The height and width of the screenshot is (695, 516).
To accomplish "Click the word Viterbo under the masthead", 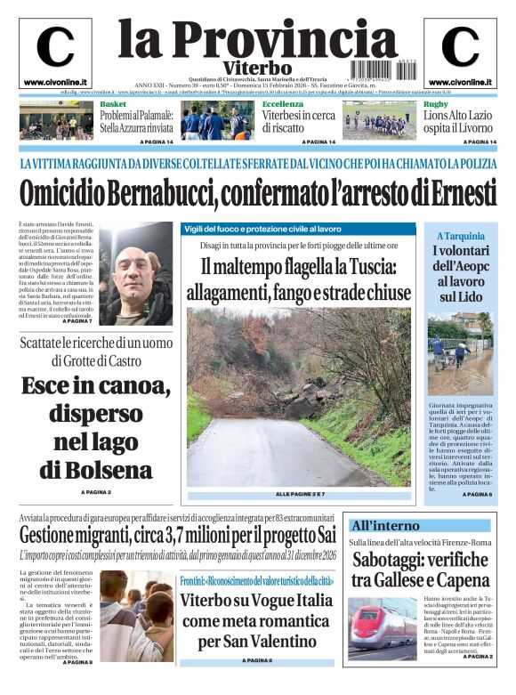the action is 257,69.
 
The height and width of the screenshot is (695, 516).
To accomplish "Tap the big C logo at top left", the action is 54,47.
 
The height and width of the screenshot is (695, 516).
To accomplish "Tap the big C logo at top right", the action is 460,47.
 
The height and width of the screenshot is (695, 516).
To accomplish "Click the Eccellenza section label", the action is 282,105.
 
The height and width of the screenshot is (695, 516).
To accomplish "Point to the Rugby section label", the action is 435,105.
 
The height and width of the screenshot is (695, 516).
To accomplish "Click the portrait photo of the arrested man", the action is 136,273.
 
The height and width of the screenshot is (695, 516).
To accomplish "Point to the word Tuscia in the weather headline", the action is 372,266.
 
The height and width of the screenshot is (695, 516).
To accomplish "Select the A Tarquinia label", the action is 460,236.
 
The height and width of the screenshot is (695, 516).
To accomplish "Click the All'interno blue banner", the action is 385,525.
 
